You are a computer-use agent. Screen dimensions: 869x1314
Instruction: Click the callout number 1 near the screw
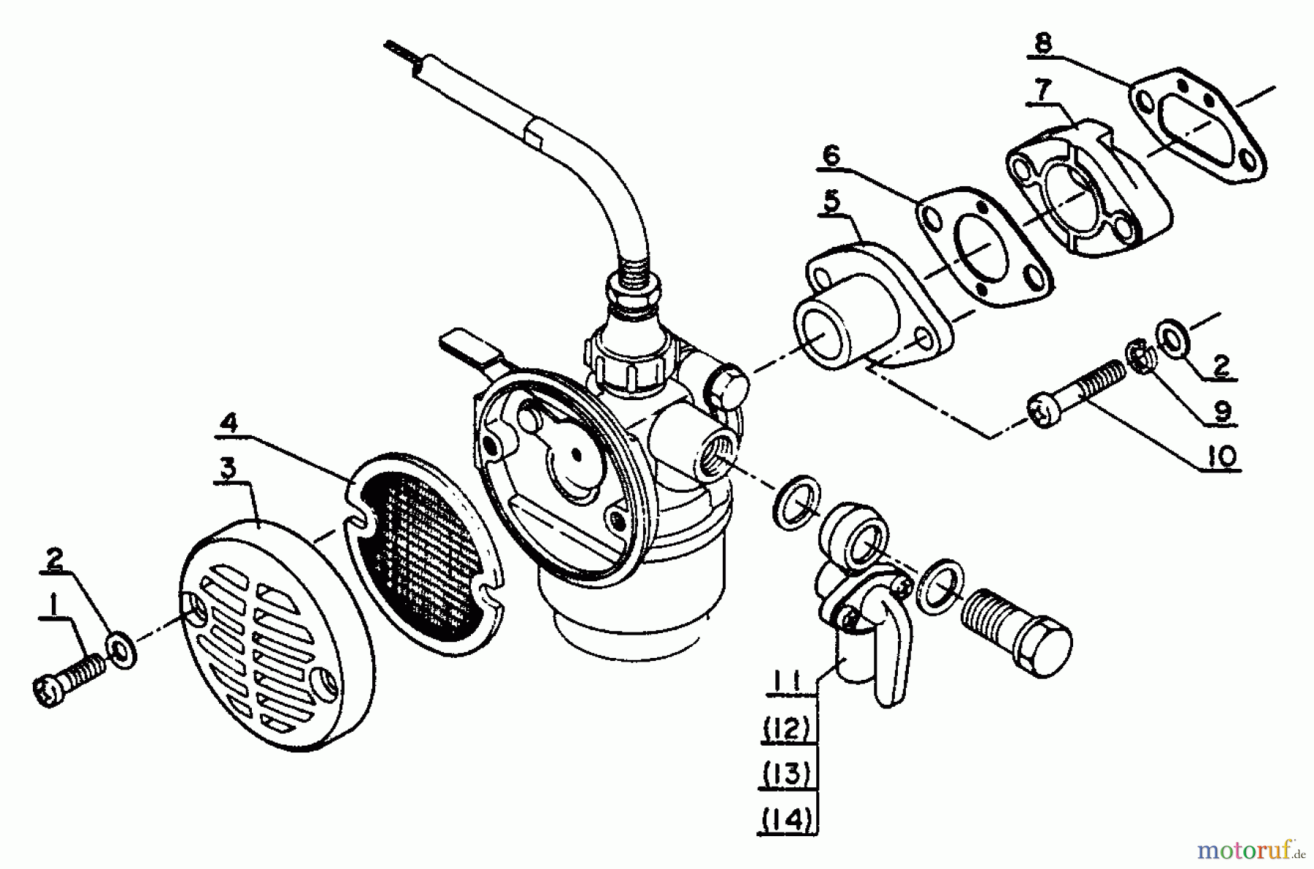click(52, 605)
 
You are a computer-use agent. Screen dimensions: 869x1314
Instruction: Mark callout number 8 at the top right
click(1042, 44)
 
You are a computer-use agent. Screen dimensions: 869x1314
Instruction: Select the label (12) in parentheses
click(786, 728)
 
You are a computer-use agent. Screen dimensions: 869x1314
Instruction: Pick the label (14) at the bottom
click(786, 819)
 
